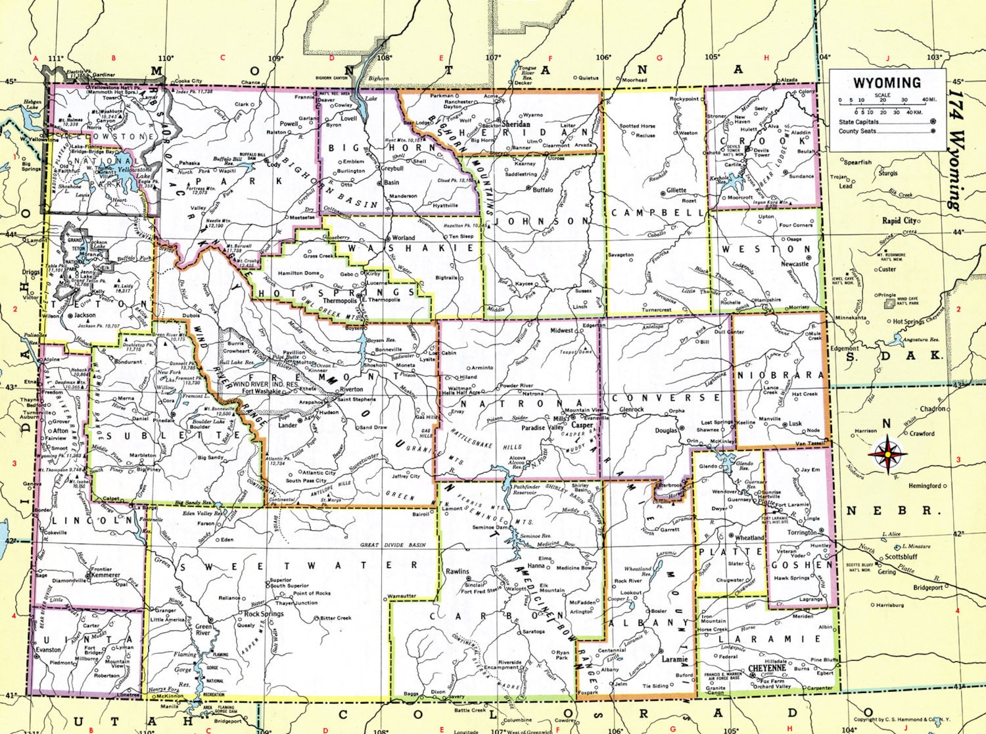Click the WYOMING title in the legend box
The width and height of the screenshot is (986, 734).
point(887,83)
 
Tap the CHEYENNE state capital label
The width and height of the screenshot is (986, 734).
point(768,668)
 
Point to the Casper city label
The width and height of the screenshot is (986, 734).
point(582,426)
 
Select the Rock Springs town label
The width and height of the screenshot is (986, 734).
point(263,613)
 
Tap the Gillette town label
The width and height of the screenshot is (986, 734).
point(676,191)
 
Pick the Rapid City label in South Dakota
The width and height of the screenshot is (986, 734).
point(900,221)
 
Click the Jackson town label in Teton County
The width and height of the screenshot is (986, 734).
point(85,315)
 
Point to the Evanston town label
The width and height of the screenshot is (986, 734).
point(48,649)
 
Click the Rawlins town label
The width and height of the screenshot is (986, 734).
point(458,571)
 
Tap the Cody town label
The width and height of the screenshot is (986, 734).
point(274,164)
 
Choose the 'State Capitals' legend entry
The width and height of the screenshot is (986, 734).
point(859,122)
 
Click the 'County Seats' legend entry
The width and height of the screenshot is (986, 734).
point(857,131)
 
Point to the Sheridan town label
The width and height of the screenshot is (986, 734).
point(516,124)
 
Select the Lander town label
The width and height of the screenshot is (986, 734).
point(287,426)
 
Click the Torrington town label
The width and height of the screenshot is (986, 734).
point(802,532)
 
